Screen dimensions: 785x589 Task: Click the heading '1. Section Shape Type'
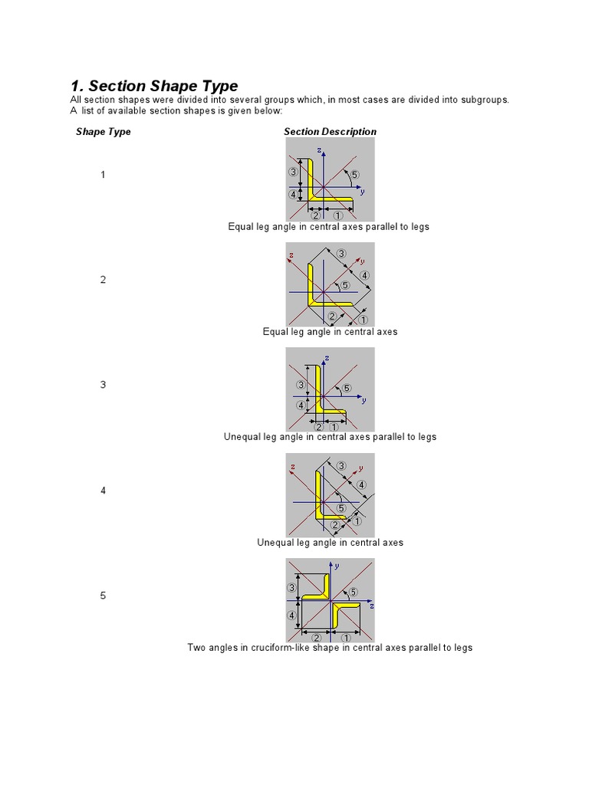(153, 86)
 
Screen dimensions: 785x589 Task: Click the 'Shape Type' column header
(103, 132)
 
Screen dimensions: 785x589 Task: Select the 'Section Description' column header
(330, 132)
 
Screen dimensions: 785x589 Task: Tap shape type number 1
(103, 175)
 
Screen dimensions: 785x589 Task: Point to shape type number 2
(103, 280)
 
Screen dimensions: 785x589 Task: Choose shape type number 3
(103, 385)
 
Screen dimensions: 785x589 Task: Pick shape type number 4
(103, 491)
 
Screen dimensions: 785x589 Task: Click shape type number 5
(103, 596)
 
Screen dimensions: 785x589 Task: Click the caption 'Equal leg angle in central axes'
(330, 332)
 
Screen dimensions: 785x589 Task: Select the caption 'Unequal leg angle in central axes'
(330, 543)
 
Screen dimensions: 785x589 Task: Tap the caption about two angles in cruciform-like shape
(330, 648)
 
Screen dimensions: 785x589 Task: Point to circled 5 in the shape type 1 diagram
(354, 175)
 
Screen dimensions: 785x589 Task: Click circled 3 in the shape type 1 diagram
(293, 172)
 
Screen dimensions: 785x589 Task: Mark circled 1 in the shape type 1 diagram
(338, 215)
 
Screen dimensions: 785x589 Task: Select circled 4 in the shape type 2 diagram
(364, 275)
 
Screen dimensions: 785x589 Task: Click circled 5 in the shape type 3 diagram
(347, 389)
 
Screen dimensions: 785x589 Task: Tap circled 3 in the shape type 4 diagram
(341, 466)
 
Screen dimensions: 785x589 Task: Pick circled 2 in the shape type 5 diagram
(316, 638)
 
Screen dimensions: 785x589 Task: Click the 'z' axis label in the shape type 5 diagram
(371, 606)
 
